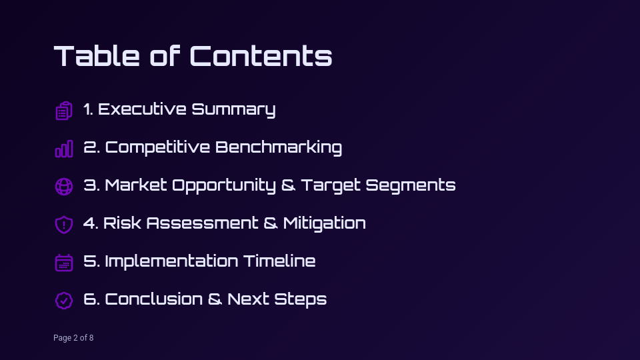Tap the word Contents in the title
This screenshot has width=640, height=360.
pos(261,56)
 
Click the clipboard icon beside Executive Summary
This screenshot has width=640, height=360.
pos(63,111)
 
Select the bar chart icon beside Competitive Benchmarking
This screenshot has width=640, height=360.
pos(63,149)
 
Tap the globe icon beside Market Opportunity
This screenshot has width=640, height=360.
pos(63,187)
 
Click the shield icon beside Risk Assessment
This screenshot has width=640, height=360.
pos(63,225)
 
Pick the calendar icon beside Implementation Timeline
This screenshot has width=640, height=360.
pos(63,263)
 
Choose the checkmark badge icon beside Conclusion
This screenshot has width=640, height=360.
pos(63,301)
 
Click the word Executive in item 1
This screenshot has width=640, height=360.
pos(142,109)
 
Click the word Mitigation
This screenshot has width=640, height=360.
pos(324,223)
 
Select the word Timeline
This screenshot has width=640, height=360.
pos(279,261)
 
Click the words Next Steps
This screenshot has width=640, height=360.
pos(277,299)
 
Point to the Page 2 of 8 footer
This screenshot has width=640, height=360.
pos(73,338)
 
